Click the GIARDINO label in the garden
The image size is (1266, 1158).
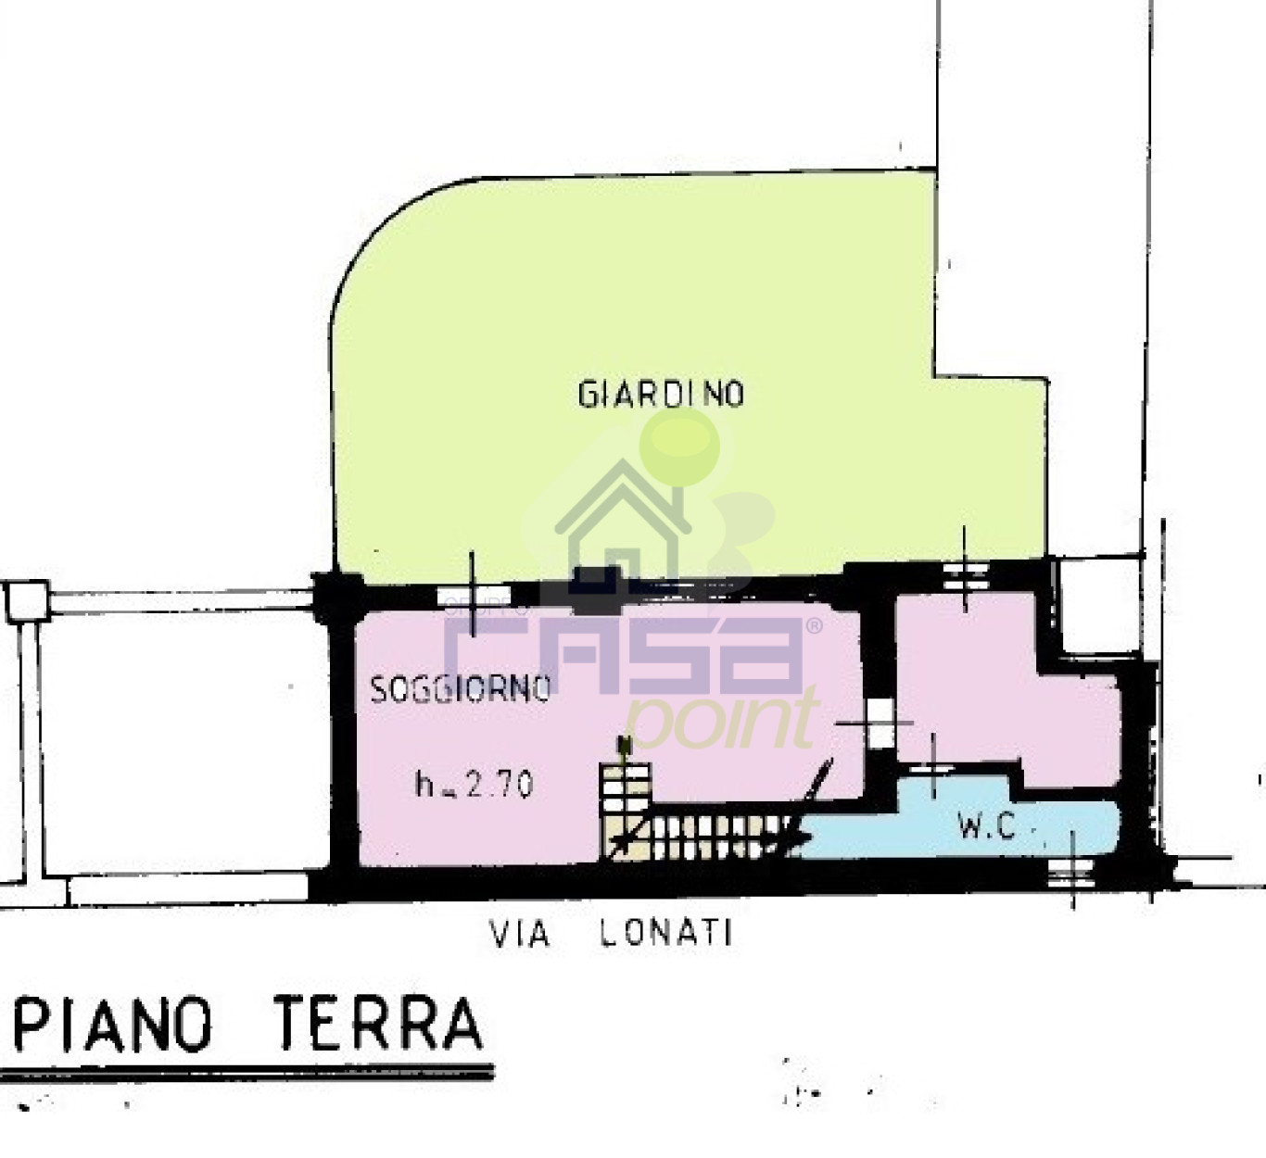660,394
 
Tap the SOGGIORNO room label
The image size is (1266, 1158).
460,689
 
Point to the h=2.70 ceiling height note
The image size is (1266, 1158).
474,786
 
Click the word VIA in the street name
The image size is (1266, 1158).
519,933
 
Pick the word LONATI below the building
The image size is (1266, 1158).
665,932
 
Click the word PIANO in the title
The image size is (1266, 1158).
113,1025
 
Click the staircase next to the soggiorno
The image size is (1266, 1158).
695,824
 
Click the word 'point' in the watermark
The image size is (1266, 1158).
721,721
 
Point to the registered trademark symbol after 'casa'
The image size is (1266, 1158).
815,627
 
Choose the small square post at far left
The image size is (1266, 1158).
27,600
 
